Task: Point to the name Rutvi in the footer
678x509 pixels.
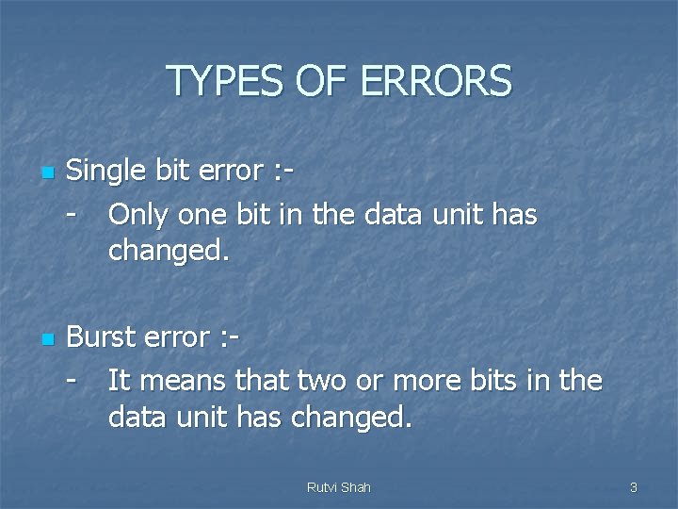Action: (x=322, y=487)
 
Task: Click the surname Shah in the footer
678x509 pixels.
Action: (x=355, y=487)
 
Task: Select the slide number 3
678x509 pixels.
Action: (x=634, y=487)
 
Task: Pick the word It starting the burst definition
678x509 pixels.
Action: (x=118, y=381)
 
